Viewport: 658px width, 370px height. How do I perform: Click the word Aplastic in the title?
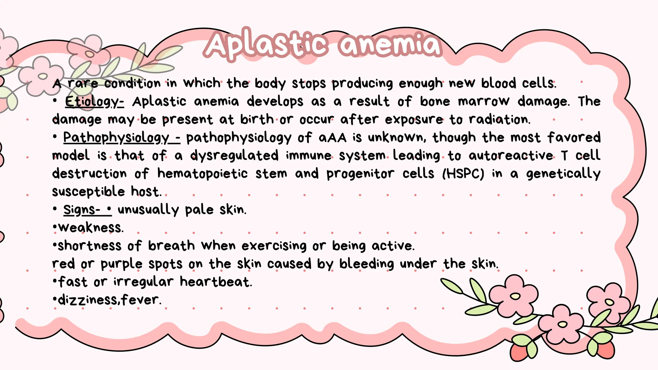tap(267, 45)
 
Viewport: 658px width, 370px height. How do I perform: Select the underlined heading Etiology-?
tap(94, 102)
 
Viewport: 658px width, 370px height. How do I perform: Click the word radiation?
tap(499, 119)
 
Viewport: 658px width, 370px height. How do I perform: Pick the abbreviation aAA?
tap(333, 138)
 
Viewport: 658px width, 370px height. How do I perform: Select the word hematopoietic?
tap(202, 174)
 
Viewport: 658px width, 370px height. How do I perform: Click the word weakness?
tap(91, 228)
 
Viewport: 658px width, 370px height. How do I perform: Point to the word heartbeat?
tap(216, 282)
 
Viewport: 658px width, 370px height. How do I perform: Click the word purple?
tap(121, 264)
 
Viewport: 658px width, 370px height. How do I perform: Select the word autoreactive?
tap(511, 156)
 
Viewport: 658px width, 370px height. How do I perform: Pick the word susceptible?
tap(88, 192)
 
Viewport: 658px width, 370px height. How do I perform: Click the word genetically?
tap(563, 174)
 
